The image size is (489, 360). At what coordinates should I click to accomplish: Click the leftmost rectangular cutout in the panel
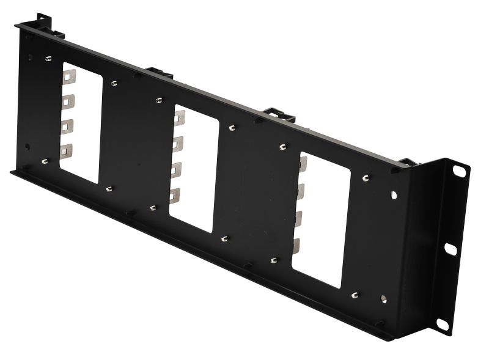(x=81, y=122)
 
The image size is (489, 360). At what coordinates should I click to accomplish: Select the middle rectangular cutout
(x=194, y=168)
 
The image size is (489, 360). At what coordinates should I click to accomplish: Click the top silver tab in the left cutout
(x=68, y=76)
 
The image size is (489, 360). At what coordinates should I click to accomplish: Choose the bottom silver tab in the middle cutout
(x=175, y=195)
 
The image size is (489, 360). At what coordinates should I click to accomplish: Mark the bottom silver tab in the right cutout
(x=296, y=246)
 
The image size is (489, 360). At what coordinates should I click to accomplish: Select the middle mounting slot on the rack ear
(x=450, y=248)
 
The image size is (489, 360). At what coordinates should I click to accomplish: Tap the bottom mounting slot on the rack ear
(x=442, y=323)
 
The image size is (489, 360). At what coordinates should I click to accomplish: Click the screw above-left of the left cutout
(x=48, y=59)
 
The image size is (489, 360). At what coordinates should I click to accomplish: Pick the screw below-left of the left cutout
(x=44, y=161)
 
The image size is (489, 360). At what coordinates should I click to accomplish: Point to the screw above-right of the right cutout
(x=365, y=178)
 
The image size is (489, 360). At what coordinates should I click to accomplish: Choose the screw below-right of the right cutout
(x=355, y=295)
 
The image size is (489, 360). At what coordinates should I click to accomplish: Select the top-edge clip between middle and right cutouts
(x=279, y=114)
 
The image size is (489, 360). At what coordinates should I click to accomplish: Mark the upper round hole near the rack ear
(x=393, y=196)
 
